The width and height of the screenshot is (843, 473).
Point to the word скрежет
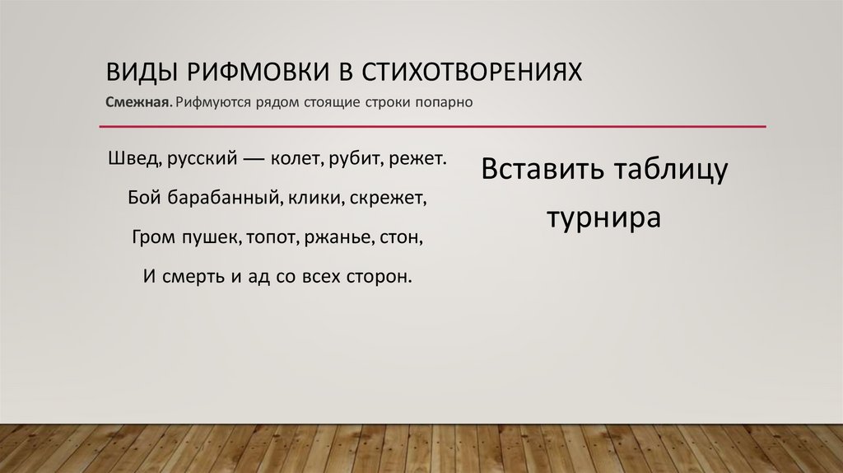point(395,198)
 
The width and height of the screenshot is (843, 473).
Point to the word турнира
point(605,218)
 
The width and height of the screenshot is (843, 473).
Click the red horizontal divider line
point(432,127)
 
